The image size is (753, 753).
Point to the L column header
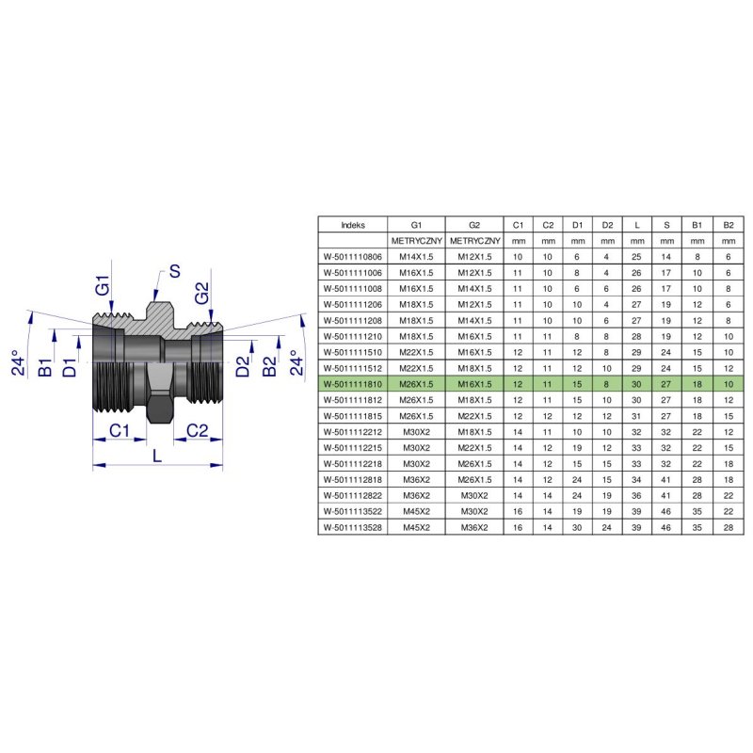637,225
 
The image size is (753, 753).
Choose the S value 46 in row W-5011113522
667,511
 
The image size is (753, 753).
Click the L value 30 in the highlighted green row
637,383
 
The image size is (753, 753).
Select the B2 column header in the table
728,225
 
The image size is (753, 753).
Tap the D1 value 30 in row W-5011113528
577,527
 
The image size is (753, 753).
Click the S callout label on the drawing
174,273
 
